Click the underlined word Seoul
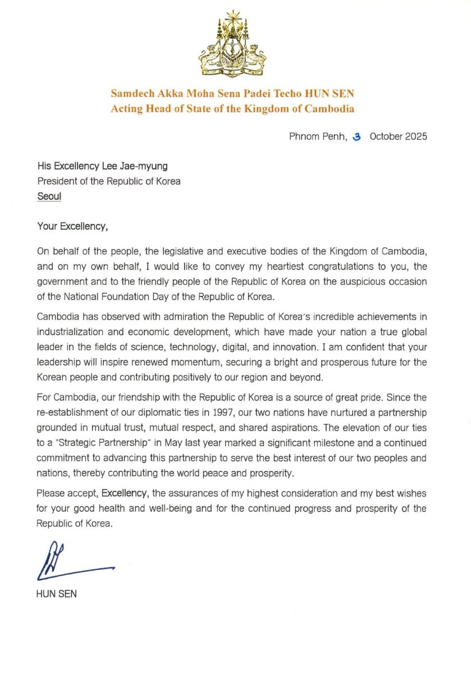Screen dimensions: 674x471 pos(49,197)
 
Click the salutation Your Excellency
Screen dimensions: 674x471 pos(72,227)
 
